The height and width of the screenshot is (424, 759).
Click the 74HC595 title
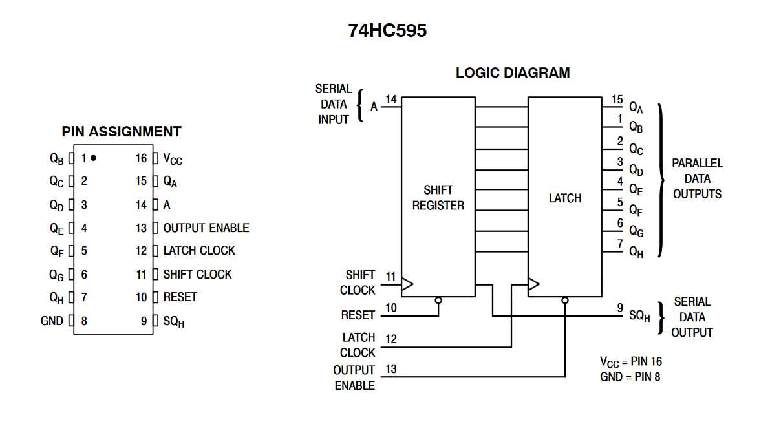[387, 30]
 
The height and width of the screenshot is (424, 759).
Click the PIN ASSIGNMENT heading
[122, 132]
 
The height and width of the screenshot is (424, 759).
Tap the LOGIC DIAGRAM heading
[513, 72]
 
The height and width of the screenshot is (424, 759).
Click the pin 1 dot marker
[94, 158]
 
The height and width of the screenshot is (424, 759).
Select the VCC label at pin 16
[173, 158]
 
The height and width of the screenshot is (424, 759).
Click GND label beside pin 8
[52, 321]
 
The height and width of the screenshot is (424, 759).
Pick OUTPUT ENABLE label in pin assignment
[206, 228]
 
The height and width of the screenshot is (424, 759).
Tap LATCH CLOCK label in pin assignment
[198, 251]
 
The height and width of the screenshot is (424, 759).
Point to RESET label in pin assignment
[180, 297]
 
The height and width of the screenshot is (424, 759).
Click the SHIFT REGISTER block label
[438, 198]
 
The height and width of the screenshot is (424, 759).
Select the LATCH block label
[564, 198]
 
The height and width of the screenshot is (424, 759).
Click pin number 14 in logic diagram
[391, 100]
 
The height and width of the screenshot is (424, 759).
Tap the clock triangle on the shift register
[407, 283]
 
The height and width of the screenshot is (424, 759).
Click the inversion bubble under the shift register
[438, 301]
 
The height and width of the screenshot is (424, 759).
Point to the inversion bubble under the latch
[565, 301]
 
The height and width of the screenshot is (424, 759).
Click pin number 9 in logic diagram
[619, 308]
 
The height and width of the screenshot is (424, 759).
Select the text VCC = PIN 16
[630, 361]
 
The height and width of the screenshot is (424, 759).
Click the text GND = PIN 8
[630, 376]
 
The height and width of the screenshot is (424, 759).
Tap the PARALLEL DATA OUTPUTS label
[697, 178]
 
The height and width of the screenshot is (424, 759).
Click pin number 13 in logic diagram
[391, 369]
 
